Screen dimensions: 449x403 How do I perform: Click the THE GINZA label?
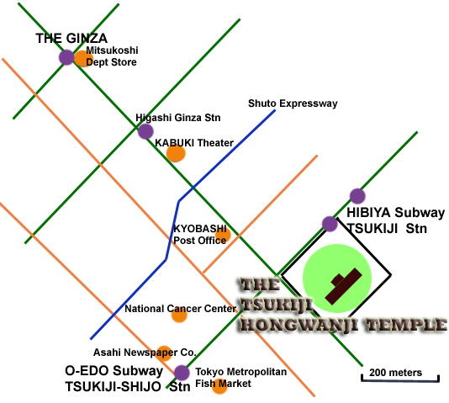pyautogui.click(x=71, y=39)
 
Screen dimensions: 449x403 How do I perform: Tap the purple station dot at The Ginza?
pyautogui.click(x=66, y=57)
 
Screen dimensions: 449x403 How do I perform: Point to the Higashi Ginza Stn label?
pyautogui.click(x=177, y=118)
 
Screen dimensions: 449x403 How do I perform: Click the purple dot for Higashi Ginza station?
pyautogui.click(x=145, y=131)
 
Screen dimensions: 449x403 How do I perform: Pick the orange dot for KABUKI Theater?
pyautogui.click(x=176, y=154)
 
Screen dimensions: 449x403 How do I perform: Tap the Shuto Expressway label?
pyautogui.click(x=293, y=103)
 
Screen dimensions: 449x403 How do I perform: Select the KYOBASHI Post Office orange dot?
pyautogui.click(x=223, y=236)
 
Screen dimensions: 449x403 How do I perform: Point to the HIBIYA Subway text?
pyautogui.click(x=396, y=213)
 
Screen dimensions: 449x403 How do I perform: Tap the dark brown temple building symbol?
pyautogui.click(x=344, y=286)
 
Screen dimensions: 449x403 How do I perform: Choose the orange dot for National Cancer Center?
pyautogui.click(x=179, y=315)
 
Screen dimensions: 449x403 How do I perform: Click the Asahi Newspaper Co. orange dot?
pyautogui.click(x=164, y=353)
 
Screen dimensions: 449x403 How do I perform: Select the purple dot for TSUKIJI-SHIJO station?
pyautogui.click(x=182, y=373)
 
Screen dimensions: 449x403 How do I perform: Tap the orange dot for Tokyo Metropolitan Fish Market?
pyautogui.click(x=219, y=386)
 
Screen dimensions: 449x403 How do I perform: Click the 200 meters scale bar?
pyautogui.click(x=400, y=379)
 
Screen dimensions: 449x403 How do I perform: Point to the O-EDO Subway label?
pyautogui.click(x=114, y=371)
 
